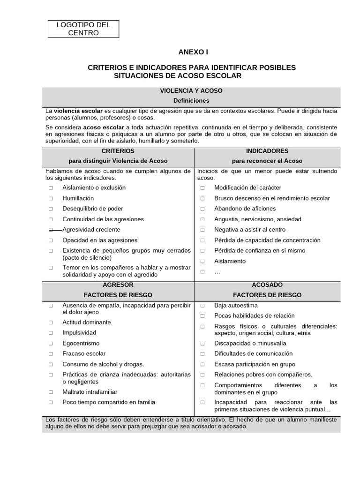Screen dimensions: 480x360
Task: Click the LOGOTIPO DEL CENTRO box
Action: (x=83, y=29)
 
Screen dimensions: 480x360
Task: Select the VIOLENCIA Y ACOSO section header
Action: (x=191, y=90)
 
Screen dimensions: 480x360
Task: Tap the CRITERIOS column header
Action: (x=118, y=151)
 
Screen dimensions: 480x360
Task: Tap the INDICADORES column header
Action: (x=267, y=151)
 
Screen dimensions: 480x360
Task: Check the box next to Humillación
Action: (x=50, y=198)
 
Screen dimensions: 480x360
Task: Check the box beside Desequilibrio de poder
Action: (x=50, y=209)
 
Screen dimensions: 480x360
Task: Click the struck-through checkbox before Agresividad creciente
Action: (x=50, y=230)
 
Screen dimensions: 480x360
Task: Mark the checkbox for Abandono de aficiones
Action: (x=202, y=209)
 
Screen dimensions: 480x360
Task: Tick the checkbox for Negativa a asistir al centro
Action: (x=202, y=230)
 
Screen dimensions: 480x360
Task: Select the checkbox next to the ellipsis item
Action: (x=202, y=271)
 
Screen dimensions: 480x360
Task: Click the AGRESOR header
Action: (x=118, y=285)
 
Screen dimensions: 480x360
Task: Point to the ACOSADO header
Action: (x=267, y=285)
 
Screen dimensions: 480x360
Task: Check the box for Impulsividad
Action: (x=50, y=333)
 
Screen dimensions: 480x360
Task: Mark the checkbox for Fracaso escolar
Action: (x=50, y=354)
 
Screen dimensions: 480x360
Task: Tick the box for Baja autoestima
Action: (x=202, y=305)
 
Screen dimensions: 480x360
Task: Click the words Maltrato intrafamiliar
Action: (x=90, y=392)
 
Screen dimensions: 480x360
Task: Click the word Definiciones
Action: (x=191, y=101)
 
